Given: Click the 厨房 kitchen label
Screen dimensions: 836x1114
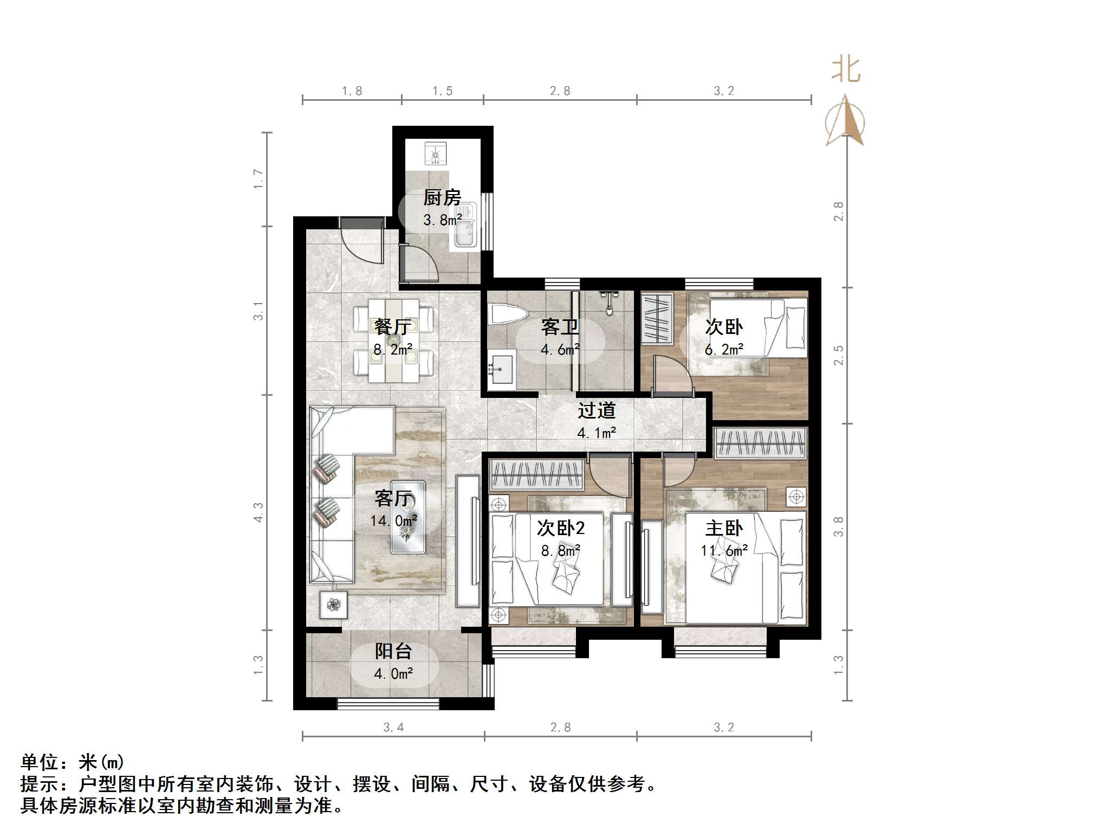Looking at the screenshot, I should [442, 197].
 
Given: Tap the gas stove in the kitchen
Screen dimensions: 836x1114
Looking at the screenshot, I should [435, 153].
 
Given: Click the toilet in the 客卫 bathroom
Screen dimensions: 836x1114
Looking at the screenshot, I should [508, 314].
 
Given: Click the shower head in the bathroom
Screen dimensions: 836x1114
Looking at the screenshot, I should [611, 300].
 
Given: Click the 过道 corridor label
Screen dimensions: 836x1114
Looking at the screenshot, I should [596, 410].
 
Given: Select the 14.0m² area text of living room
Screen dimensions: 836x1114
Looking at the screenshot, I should [393, 521].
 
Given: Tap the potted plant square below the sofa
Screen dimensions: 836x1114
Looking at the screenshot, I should [333, 605].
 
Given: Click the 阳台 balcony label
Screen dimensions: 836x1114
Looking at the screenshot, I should [393, 651].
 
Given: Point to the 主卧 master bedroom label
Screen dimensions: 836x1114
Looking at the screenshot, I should [724, 528].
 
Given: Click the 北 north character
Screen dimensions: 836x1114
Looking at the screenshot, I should [846, 70].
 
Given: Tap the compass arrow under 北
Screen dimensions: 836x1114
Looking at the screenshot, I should [845, 121].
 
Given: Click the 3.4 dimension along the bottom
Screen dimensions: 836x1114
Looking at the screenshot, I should [393, 728].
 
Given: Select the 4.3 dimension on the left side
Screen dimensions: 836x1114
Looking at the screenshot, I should [258, 512].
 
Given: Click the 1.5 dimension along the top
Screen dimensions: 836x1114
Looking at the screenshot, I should [442, 91].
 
